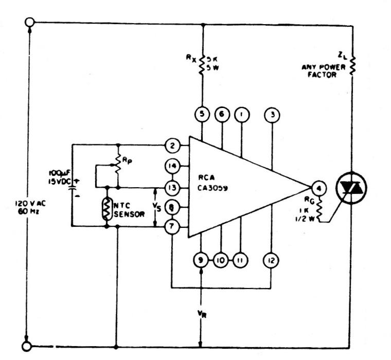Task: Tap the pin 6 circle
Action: click(222, 114)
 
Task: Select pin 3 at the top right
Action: click(271, 114)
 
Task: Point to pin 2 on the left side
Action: click(172, 146)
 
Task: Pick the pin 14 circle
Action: click(172, 166)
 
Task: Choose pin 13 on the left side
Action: click(172, 186)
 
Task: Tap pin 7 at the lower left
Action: click(172, 225)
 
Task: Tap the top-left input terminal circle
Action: click(29, 22)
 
